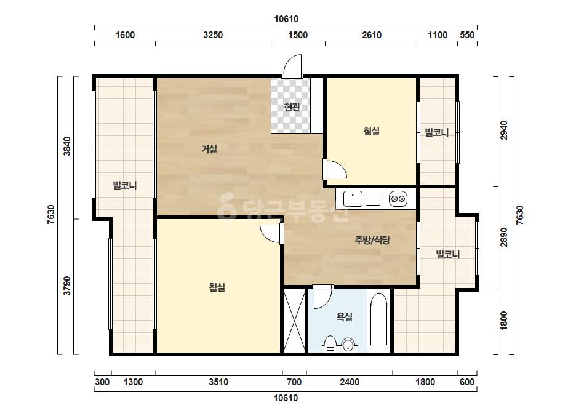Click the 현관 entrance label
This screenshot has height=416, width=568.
pyautogui.click(x=292, y=107)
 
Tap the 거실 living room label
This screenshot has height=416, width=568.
pyautogui.click(x=209, y=148)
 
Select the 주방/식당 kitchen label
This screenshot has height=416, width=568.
pyautogui.click(x=372, y=239)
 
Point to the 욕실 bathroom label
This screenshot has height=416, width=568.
pyautogui.click(x=344, y=317)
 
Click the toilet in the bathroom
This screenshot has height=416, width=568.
pyautogui.click(x=330, y=344)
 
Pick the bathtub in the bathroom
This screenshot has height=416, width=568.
pyautogui.click(x=379, y=319)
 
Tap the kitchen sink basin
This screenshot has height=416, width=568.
pyautogui.click(x=353, y=199)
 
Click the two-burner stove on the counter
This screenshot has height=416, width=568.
pyautogui.click(x=398, y=199)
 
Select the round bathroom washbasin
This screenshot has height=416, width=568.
pyautogui.click(x=348, y=345)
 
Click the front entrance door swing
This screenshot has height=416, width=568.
pyautogui.click(x=292, y=65)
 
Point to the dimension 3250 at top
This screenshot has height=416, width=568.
pyautogui.click(x=213, y=35)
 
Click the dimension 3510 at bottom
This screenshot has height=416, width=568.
pyautogui.click(x=218, y=382)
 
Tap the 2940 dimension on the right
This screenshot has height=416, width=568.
pyautogui.click(x=504, y=130)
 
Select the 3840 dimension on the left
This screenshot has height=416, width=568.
pyautogui.click(x=67, y=146)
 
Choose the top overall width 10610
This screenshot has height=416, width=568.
pyautogui.click(x=286, y=19)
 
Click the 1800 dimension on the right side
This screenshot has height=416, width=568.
pyautogui.click(x=504, y=321)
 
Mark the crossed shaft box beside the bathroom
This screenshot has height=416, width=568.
pyautogui.click(x=294, y=321)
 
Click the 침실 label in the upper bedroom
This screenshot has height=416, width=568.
pyautogui.click(x=371, y=131)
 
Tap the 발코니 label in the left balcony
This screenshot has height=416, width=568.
pyautogui.click(x=125, y=185)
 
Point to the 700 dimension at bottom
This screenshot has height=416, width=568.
pyautogui.click(x=294, y=382)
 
